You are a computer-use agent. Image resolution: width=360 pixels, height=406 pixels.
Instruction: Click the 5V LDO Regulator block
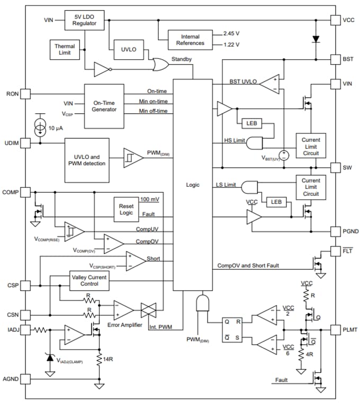(85, 20)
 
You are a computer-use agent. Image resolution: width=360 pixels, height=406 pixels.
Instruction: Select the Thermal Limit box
(65, 50)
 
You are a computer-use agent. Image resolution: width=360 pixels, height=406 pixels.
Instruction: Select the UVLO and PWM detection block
(87, 159)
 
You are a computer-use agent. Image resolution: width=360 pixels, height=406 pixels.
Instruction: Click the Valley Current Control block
(89, 281)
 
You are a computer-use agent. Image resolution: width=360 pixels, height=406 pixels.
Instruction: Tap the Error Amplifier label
(124, 324)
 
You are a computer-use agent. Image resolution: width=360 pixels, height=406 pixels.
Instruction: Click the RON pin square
(25, 94)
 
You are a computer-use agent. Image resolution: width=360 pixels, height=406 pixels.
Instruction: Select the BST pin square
(335, 59)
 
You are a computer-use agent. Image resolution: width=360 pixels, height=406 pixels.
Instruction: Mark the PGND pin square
(335, 231)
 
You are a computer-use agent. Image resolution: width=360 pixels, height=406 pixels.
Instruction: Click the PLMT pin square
(335, 329)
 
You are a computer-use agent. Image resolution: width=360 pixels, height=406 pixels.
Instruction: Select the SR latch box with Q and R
(231, 329)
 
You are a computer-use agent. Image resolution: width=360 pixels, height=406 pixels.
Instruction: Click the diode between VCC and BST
(316, 39)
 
